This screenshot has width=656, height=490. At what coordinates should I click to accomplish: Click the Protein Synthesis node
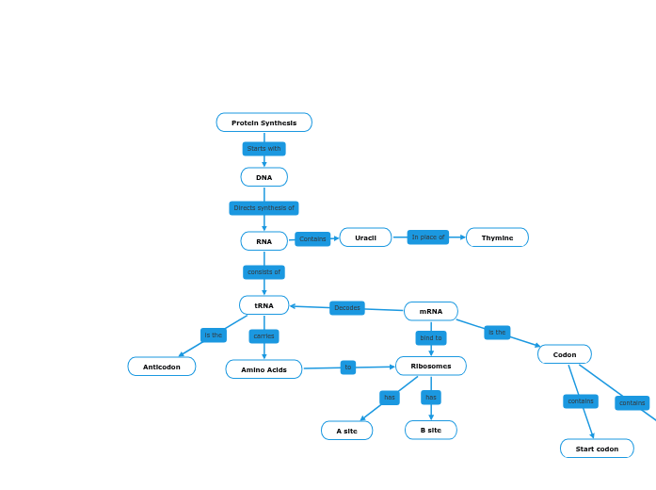[264, 122]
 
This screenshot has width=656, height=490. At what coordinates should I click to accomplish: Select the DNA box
[264, 177]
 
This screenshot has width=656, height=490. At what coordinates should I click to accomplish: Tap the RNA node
[264, 241]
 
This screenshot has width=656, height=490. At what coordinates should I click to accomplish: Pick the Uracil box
[365, 237]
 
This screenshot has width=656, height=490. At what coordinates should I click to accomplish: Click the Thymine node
[497, 237]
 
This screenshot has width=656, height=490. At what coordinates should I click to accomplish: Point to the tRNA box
[264, 305]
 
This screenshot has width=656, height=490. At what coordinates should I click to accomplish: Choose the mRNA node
[431, 311]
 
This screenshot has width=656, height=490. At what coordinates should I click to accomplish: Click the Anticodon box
[162, 367]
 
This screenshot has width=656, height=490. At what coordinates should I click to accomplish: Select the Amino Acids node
[264, 369]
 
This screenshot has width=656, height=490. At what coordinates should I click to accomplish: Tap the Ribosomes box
[431, 366]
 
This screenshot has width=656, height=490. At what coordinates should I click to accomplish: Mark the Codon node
[565, 354]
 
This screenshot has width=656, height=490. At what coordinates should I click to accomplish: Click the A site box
[346, 431]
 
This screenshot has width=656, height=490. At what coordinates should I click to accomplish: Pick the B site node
[431, 430]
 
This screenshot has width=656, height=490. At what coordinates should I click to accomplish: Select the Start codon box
[597, 449]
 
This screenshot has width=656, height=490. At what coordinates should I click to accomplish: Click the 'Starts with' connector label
[264, 149]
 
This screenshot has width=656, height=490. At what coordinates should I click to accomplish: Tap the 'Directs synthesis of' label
[264, 208]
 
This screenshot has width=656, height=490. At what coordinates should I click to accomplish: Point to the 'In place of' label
[428, 237]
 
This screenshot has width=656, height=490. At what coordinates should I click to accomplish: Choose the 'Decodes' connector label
[347, 308]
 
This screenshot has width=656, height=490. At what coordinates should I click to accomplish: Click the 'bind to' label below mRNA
[431, 337]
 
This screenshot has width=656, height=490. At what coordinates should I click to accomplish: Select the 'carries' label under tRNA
[264, 336]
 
